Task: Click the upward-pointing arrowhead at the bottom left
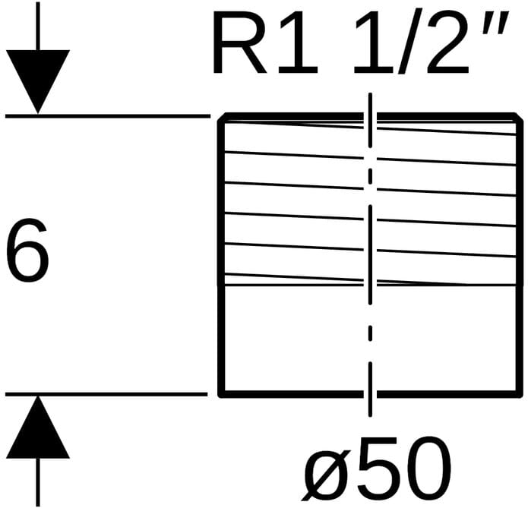tap(38, 431)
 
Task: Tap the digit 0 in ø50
tap(425, 464)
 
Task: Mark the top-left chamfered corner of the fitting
tap(222, 118)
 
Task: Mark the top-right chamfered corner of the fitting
tap(520, 118)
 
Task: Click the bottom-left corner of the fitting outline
tap(220, 394)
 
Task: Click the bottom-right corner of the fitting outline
tap(521, 394)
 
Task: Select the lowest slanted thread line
tap(304, 277)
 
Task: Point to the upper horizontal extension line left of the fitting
tap(106, 116)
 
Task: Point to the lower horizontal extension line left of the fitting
tap(106, 394)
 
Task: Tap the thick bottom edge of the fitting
tap(304, 394)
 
